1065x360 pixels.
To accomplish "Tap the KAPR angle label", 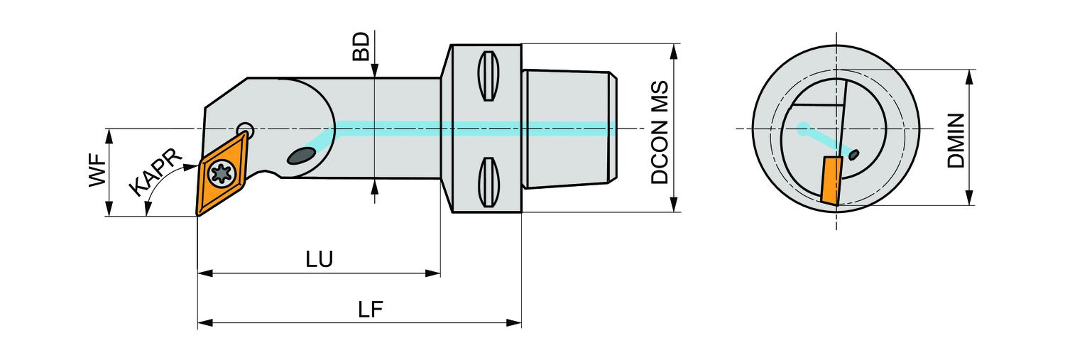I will tap(157, 174).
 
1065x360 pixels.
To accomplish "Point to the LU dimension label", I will tap(319, 259).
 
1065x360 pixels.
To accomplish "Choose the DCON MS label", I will tap(660, 132).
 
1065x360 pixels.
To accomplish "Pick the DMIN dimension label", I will tap(956, 140).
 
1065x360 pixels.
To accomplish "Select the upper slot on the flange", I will tap(486, 77).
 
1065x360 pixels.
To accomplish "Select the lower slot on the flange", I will tap(486, 182).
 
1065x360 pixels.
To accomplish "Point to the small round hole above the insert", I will tap(245, 129).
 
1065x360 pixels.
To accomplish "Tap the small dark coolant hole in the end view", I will tap(855, 153).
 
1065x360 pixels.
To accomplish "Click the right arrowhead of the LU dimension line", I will tap(434, 273).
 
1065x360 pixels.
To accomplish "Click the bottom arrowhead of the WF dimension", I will tap(109, 211).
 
